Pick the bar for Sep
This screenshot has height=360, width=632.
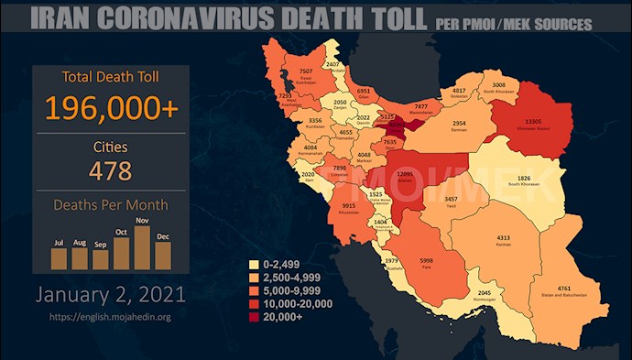pos(100,260)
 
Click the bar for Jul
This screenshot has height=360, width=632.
pos(59,257)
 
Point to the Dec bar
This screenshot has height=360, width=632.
pos(163,256)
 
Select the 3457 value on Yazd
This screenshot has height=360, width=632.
pos(451,200)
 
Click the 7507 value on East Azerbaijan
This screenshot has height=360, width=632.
pos(307,71)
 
